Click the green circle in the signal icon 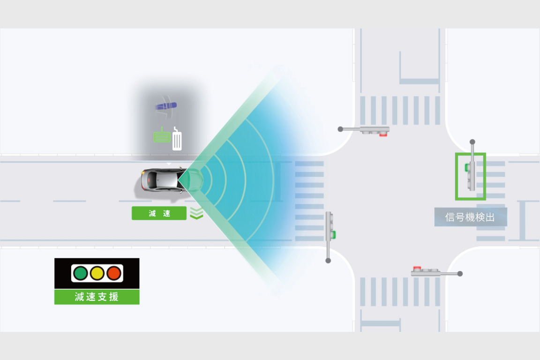81,274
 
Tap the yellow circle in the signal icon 97,274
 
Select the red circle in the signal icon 113,274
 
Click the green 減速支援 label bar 97,297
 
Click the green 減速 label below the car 159,213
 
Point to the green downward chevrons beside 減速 196,213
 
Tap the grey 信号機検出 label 471,217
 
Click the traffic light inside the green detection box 471,176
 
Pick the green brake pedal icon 162,136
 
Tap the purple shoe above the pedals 166,106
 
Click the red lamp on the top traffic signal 383,135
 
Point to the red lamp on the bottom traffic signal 417,268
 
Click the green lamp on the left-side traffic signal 333,235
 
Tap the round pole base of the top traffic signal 340,129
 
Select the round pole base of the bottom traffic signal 460,274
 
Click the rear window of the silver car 151,180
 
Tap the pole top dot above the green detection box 472,142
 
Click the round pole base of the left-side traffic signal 328,261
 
